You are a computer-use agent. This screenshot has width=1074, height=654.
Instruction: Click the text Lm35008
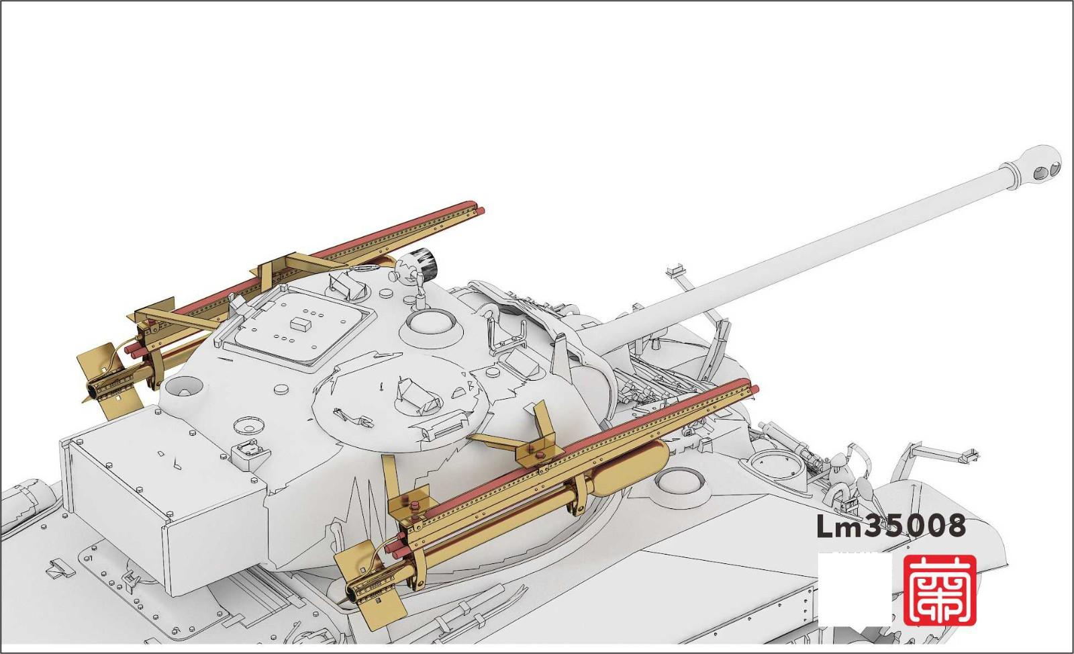(891, 526)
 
